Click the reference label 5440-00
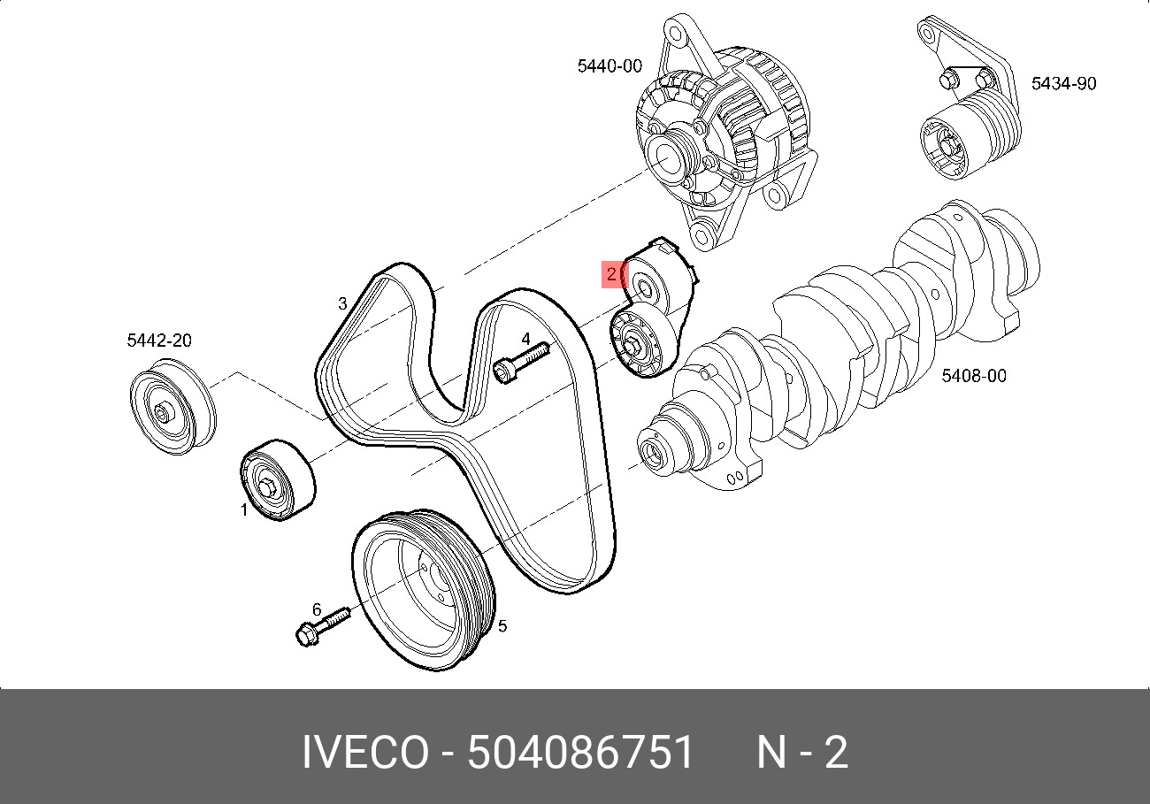pos(609,65)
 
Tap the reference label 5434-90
pos(1063,84)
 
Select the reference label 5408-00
pos(973,376)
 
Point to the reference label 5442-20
pos(159,341)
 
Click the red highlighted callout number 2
pos(611,274)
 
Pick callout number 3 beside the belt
pos(342,304)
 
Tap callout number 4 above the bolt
pos(525,339)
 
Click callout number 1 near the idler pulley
pos(245,509)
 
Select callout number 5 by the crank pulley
pos(502,626)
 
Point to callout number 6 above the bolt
pos(316,609)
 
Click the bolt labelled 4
pos(520,363)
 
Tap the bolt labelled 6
pos(322,624)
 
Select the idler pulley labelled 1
pos(278,479)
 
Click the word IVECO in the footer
pos(364,754)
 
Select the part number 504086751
pos(581,754)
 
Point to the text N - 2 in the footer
pos(801,754)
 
